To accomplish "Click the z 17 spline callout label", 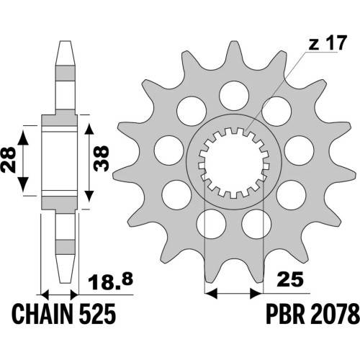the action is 328,43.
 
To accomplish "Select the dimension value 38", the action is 101,158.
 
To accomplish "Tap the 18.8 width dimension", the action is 110,283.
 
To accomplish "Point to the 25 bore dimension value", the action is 289,279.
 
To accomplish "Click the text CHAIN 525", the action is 64,313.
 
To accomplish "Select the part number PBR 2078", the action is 312,313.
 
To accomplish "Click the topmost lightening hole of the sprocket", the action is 234,96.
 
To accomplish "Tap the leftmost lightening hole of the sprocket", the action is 169,150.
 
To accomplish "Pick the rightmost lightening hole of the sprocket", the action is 299,150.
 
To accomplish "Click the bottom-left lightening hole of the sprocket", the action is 211,224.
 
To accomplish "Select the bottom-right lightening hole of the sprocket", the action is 256,224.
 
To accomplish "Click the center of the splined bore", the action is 234,163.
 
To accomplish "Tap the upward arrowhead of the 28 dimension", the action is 23,138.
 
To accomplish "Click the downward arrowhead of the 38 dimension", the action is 89,194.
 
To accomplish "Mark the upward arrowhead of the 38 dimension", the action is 89,131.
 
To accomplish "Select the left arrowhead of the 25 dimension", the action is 211,293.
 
